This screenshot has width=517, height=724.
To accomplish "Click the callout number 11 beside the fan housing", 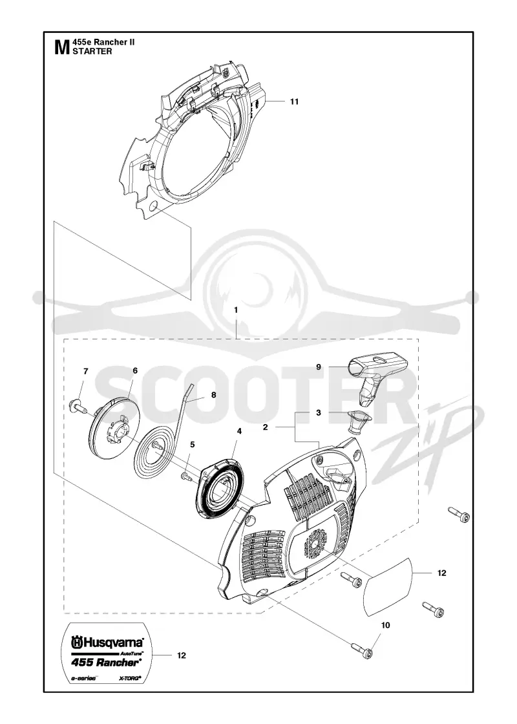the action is [295, 101].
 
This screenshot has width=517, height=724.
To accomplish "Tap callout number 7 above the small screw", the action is [86, 371].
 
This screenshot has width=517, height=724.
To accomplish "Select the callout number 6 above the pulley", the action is [135, 370].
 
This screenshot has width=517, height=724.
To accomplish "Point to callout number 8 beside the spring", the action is [213, 395].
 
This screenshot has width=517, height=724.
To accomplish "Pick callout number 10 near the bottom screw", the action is [385, 625].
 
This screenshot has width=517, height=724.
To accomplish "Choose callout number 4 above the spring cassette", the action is [239, 431].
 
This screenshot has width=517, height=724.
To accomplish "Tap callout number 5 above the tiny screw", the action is [193, 445].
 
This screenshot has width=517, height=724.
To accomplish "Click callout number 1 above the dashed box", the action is [236, 310].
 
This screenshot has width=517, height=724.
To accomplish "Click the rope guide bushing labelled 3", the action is [357, 421].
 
